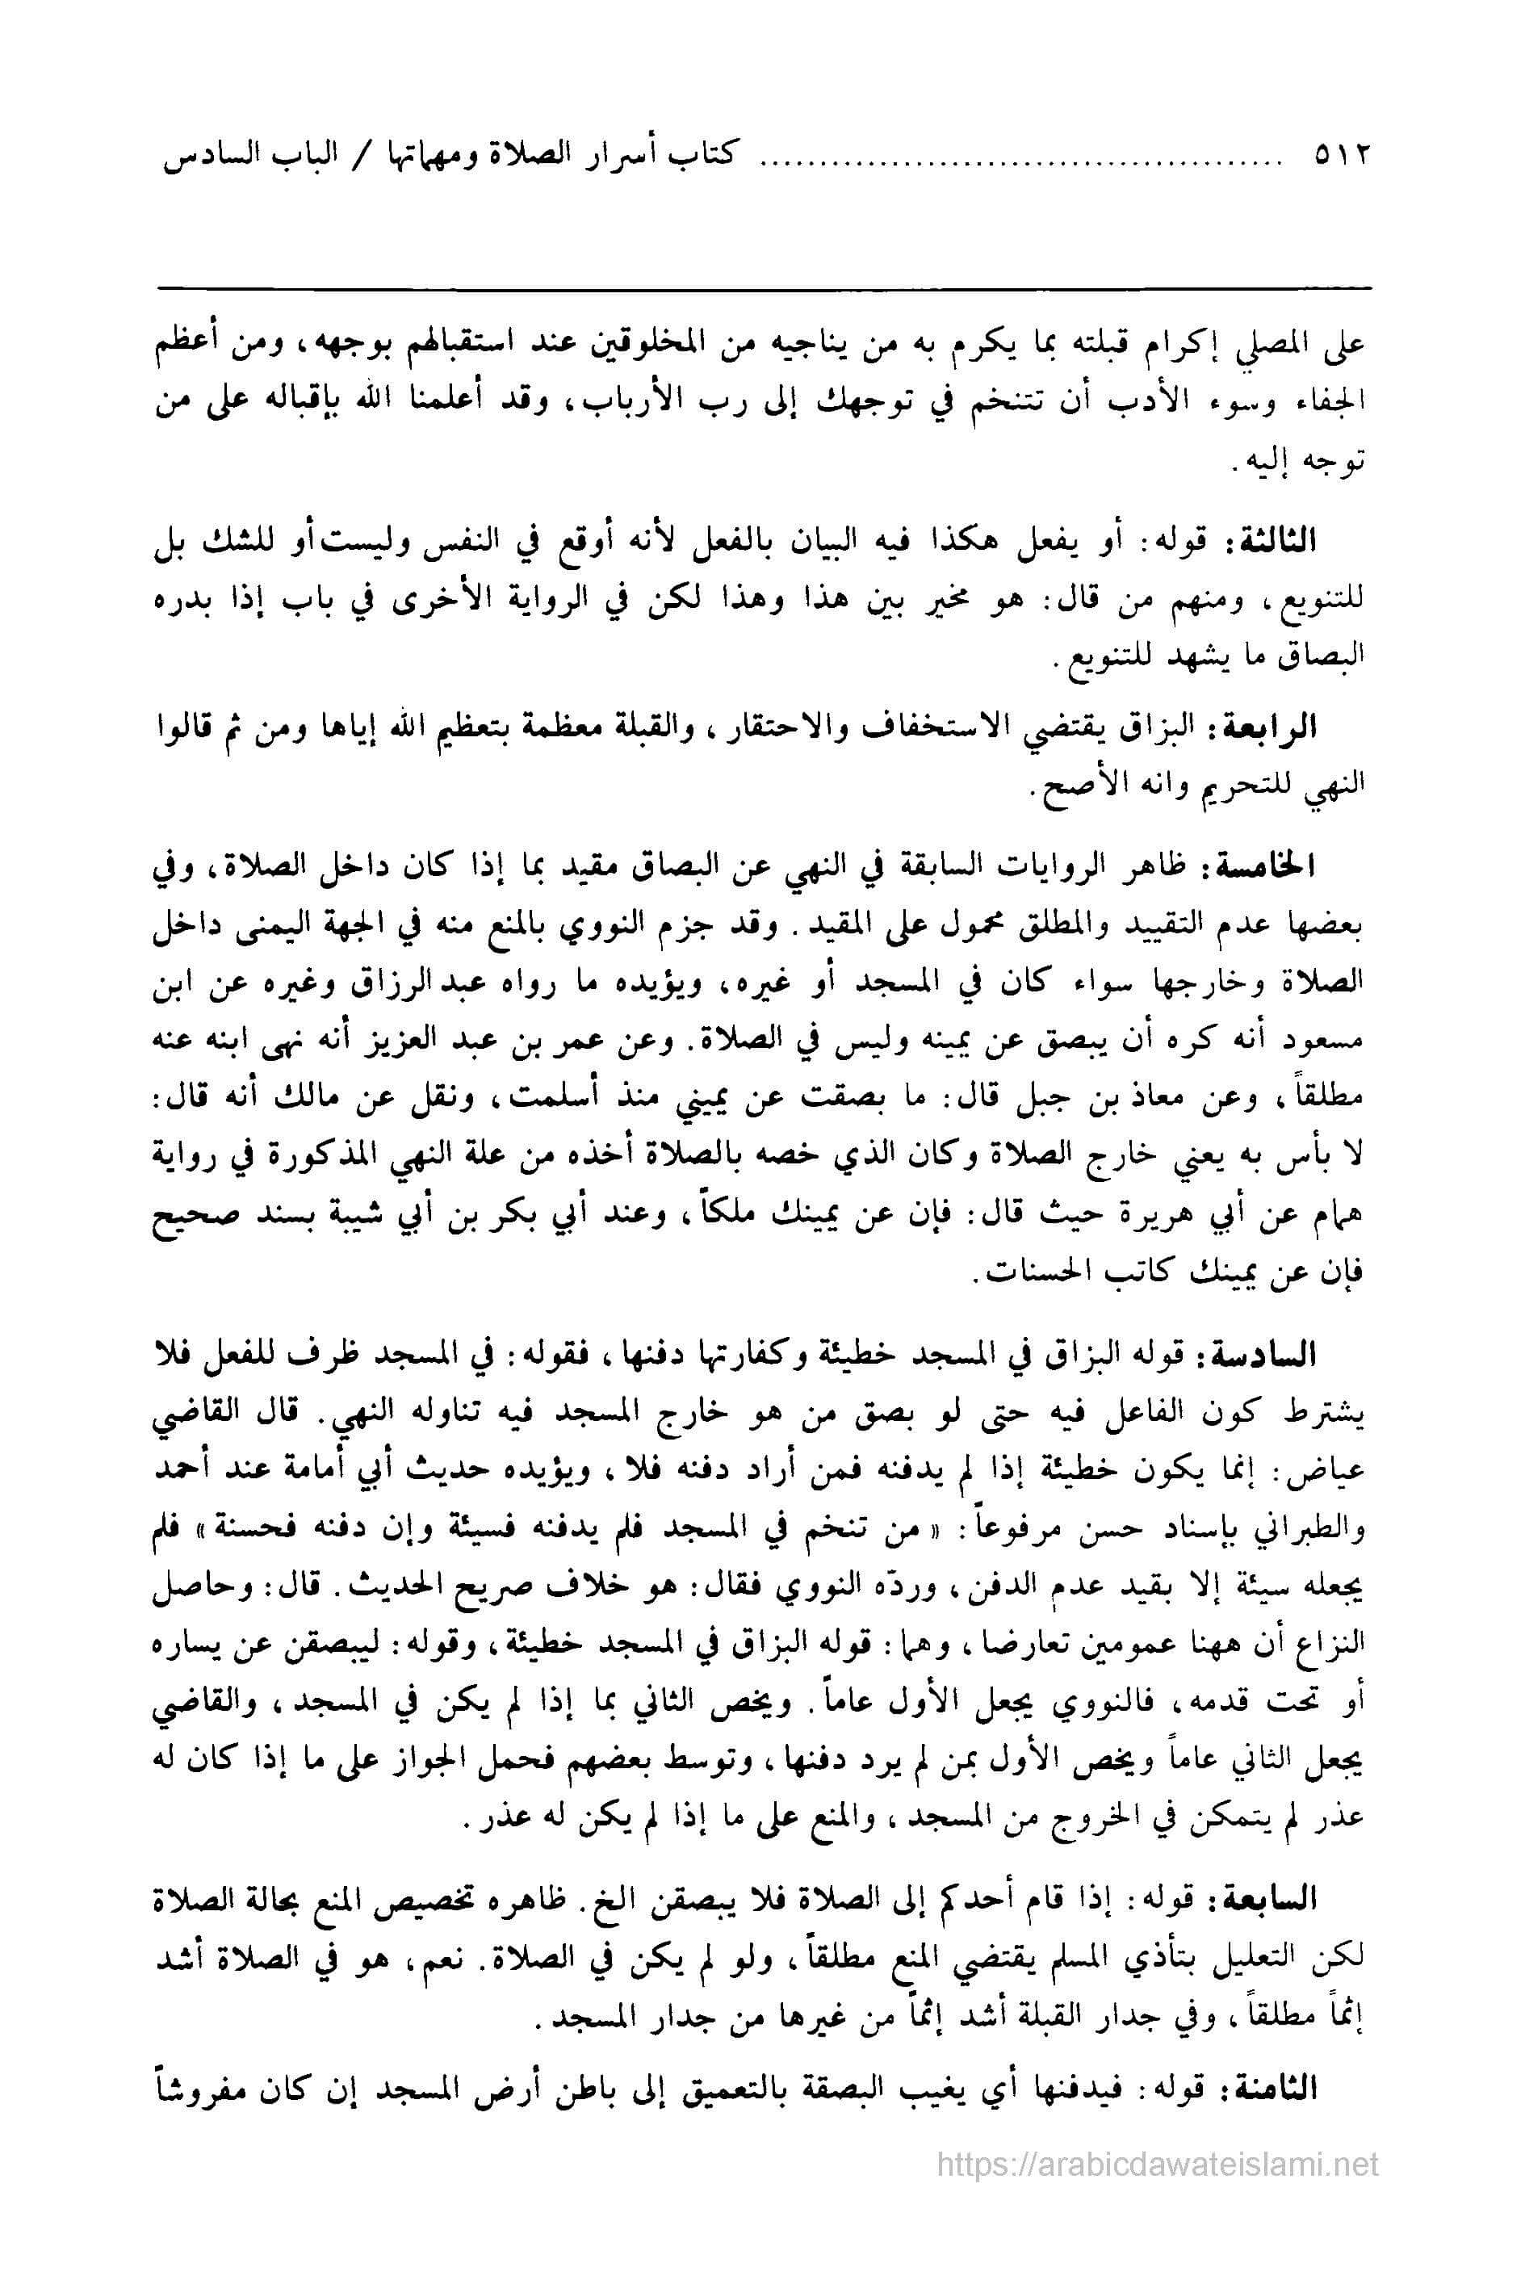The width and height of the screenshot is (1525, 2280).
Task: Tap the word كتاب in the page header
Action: coord(706,156)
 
